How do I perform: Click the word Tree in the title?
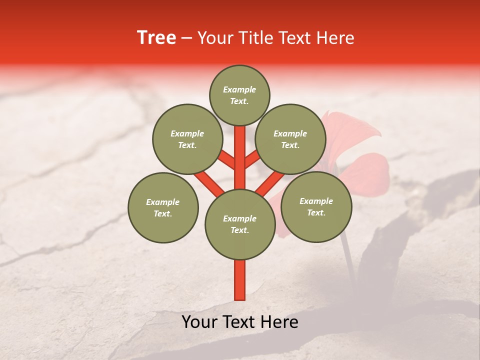click(x=156, y=38)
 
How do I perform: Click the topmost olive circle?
click(x=239, y=95)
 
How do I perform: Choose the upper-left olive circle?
click(x=187, y=139)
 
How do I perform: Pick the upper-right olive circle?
click(x=290, y=139)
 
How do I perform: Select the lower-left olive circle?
click(x=163, y=207)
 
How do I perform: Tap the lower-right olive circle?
click(x=316, y=206)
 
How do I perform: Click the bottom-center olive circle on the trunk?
click(x=240, y=224)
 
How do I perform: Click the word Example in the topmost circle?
click(x=239, y=89)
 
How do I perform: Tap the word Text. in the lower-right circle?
click(x=316, y=212)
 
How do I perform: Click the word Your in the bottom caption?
click(x=199, y=322)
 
